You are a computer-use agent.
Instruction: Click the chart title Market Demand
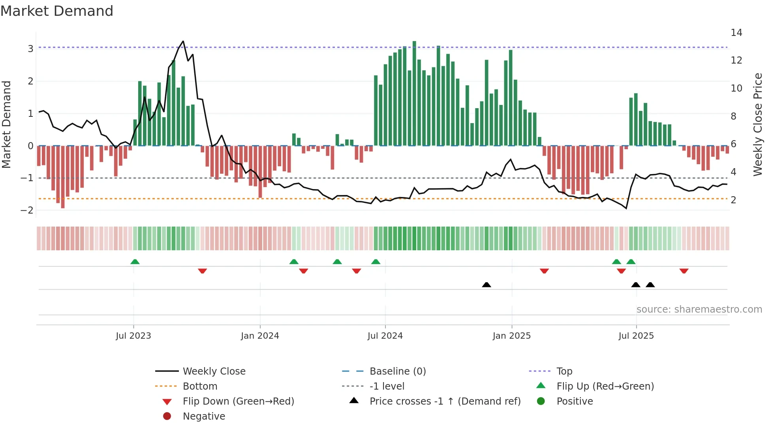point(57,11)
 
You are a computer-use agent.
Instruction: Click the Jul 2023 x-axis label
point(133,336)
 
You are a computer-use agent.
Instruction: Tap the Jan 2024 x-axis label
point(260,336)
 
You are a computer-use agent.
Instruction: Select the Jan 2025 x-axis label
point(511,336)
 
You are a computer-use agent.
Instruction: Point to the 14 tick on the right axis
point(736,33)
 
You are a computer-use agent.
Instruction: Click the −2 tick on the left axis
point(27,210)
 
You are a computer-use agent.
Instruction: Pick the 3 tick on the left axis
point(30,49)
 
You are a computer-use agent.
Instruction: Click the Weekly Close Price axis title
point(757,124)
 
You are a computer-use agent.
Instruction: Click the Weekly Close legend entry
point(214,371)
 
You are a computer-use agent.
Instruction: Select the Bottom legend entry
point(200,386)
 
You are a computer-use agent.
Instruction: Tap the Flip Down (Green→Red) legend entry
point(238,401)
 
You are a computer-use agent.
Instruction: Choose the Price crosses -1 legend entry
point(445,401)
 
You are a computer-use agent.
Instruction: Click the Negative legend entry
point(204,416)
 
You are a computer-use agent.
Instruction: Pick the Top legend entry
point(564,371)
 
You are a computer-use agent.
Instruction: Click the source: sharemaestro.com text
point(699,309)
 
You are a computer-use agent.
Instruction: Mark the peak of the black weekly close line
point(183,41)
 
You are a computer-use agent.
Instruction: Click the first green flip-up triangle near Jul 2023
point(135,262)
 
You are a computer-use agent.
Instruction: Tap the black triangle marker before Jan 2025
point(487,285)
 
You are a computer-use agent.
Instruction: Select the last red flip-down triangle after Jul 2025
point(684,271)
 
